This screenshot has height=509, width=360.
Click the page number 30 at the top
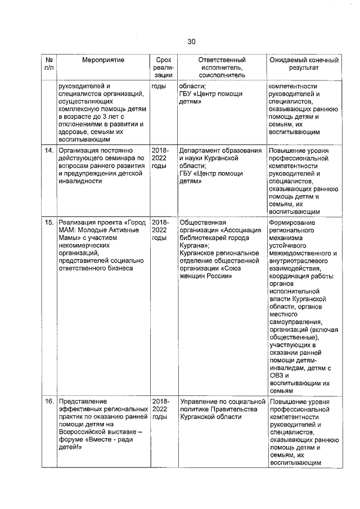[x=191, y=42]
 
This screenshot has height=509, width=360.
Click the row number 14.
[x=49, y=151]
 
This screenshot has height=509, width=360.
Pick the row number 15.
[x=49, y=222]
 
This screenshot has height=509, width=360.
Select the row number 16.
[x=49, y=402]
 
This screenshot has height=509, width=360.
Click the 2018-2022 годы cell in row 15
[x=160, y=230]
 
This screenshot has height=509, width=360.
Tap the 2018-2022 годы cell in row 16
[x=160, y=409]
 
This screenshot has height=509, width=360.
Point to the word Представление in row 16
[x=82, y=402]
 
